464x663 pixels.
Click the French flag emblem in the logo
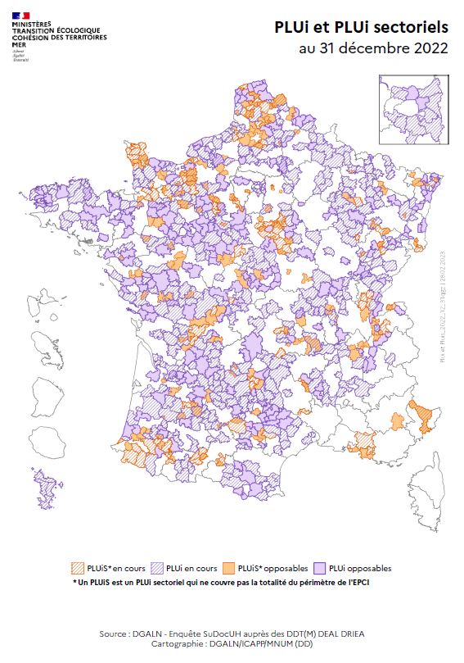pyautogui.click(x=20, y=16)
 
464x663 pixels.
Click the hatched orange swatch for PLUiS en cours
pyautogui.click(x=79, y=568)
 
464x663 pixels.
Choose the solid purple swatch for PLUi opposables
pyautogui.click(x=323, y=568)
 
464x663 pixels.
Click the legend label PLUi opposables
pyautogui.click(x=362, y=568)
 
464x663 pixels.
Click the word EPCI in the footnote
pyautogui.click(x=372, y=582)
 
